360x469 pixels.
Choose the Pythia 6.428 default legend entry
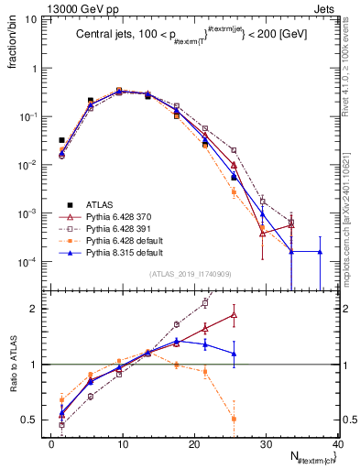pyautogui.click(x=120, y=239)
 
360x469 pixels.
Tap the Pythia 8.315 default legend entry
pyautogui.click(x=120, y=251)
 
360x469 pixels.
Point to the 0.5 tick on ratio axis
pyautogui.click(x=36, y=420)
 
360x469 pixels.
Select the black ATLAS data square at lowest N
pyautogui.click(x=61, y=140)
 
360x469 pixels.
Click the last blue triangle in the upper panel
pyautogui.click(x=320, y=251)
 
